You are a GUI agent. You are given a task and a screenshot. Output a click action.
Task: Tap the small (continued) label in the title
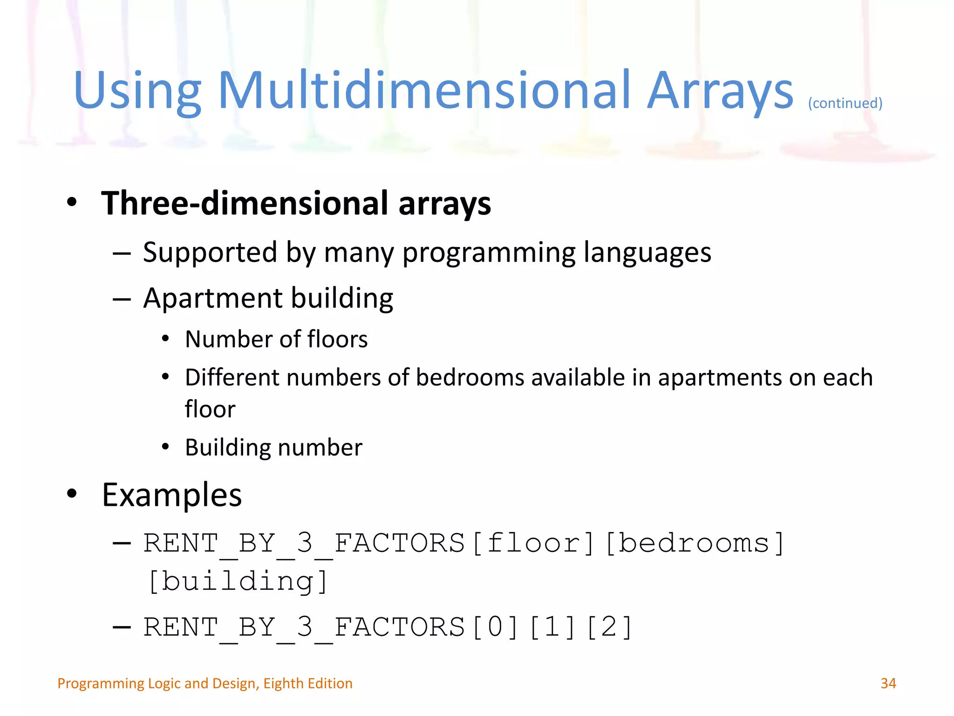pos(845,103)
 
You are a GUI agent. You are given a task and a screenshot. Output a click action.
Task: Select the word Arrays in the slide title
pos(720,91)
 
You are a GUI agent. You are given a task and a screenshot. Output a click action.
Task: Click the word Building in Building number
pos(228,447)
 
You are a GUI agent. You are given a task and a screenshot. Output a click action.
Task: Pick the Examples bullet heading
pos(172,495)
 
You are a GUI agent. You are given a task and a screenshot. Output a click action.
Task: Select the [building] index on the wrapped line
pos(238,581)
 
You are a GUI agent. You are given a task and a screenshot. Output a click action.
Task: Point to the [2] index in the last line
pos(609,627)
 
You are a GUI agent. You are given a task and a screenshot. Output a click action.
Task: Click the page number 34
pos(888,683)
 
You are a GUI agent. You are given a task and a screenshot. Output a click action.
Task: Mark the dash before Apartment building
pos(122,299)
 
